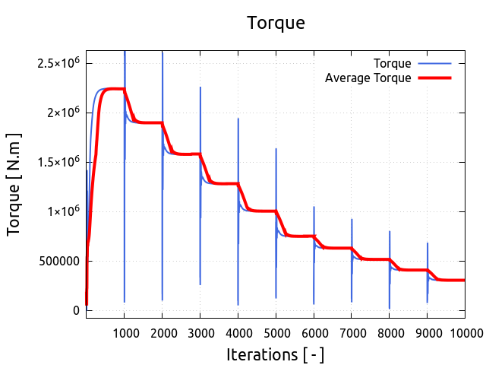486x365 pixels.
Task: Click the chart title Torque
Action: click(x=276, y=23)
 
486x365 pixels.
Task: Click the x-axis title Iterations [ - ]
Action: click(x=275, y=354)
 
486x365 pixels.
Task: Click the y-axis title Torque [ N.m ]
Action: click(x=14, y=183)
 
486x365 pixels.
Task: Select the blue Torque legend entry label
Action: click(x=393, y=63)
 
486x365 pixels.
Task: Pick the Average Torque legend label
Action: click(x=368, y=78)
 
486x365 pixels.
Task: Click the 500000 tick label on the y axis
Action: click(x=55, y=261)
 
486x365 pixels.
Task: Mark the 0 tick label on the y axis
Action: click(x=76, y=310)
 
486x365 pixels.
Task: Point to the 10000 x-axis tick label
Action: click(x=465, y=332)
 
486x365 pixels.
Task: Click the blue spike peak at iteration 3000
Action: click(x=200, y=87)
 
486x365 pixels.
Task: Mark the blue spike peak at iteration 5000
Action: click(x=276, y=149)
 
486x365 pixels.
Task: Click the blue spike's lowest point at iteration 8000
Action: click(x=390, y=308)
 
